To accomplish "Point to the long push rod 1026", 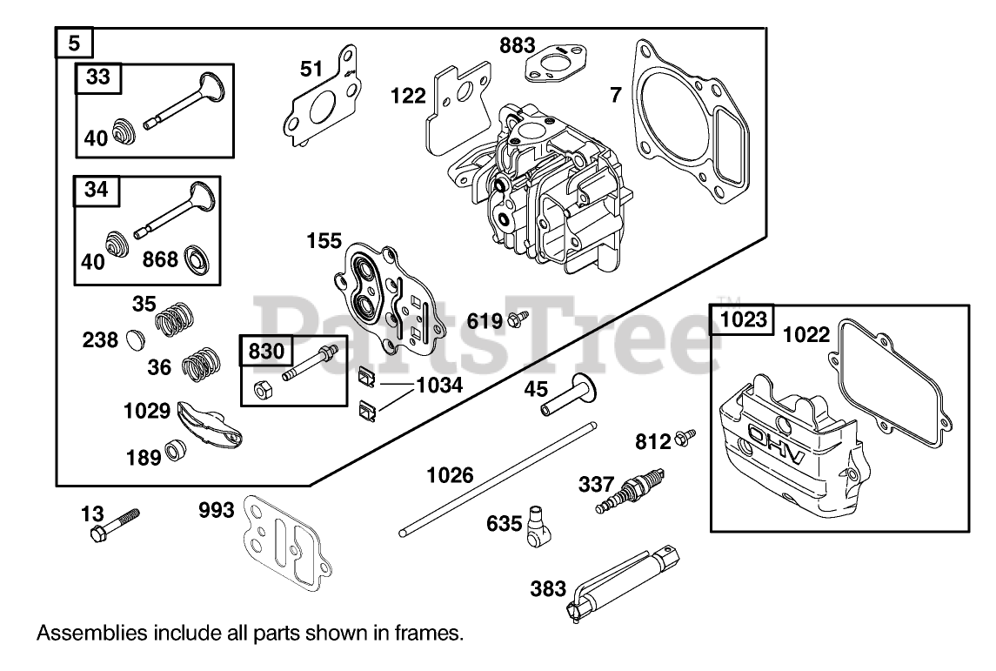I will coord(497,476).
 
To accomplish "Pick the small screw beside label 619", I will coord(517,319).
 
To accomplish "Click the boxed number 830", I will coord(266,351).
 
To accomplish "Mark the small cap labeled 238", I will coord(136,339).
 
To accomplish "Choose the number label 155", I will coord(324,241).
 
